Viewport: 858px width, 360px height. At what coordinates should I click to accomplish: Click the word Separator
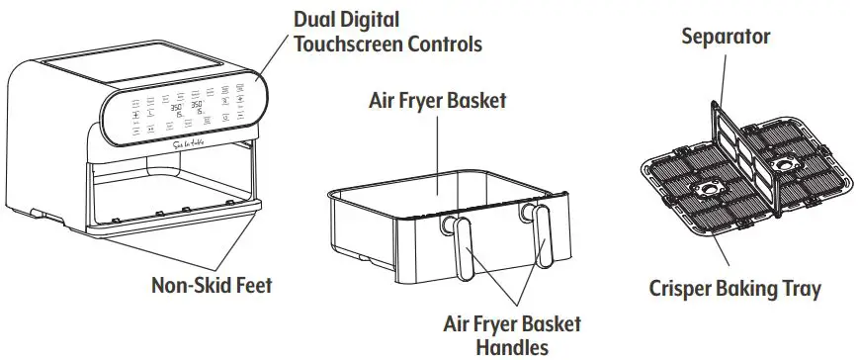point(726,37)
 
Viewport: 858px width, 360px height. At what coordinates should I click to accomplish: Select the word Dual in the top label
point(318,19)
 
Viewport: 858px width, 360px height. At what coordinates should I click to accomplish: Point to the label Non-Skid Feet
point(211,286)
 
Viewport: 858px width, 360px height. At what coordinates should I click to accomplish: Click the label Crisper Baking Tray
point(734,289)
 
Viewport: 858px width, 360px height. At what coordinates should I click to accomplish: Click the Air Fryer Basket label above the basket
point(437,101)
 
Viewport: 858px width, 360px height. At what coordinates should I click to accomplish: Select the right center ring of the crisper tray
point(788,162)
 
